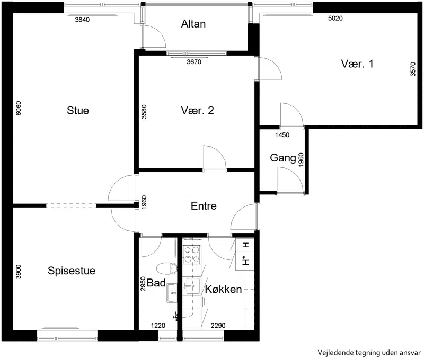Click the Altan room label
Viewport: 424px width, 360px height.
click(x=193, y=24)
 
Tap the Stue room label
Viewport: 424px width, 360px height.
click(x=78, y=111)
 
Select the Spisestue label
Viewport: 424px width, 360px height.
click(x=72, y=271)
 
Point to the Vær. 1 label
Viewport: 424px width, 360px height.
click(x=357, y=64)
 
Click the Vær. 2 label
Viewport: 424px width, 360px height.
click(x=197, y=111)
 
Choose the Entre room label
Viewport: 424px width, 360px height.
click(x=204, y=206)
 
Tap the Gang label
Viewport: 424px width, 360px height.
click(x=283, y=158)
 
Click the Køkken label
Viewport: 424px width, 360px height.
click(x=223, y=289)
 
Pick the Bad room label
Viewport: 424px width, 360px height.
click(x=156, y=283)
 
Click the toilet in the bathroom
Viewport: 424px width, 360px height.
click(x=167, y=268)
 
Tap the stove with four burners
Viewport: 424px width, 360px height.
click(x=192, y=255)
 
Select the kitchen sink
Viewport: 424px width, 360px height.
click(x=193, y=286)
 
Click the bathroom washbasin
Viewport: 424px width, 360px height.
click(x=171, y=293)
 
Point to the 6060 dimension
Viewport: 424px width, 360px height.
click(x=19, y=108)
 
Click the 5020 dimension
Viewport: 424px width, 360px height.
click(x=335, y=18)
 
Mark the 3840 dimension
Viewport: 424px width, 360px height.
click(x=82, y=20)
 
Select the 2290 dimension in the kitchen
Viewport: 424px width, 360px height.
click(x=218, y=326)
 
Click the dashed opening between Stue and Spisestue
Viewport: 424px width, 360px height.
click(x=71, y=206)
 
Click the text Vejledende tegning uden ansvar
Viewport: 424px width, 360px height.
click(x=369, y=353)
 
